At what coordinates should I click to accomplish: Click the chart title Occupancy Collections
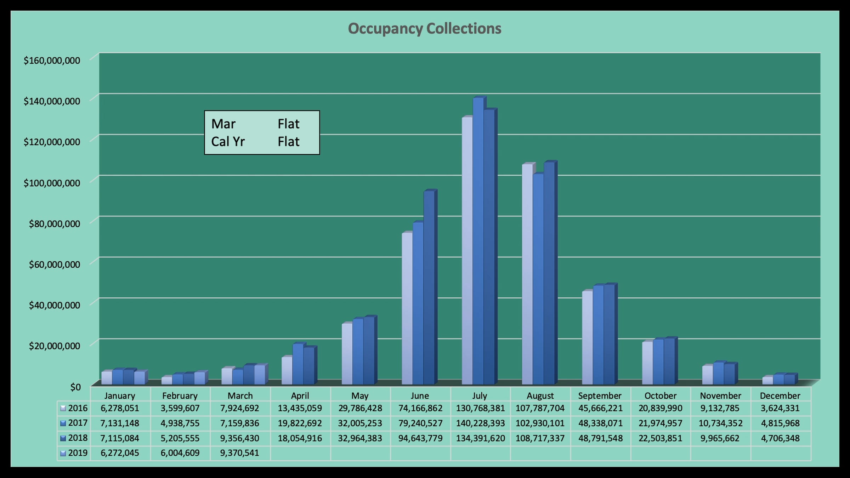424,29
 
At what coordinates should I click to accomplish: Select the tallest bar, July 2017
478,241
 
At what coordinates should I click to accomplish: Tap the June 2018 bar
429,287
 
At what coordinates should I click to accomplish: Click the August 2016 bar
527,274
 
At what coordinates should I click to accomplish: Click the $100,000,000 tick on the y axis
52,183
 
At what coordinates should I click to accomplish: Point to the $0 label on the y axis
75,387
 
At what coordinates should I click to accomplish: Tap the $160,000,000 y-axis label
52,61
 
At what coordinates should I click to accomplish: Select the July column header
480,396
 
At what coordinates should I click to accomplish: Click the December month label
780,396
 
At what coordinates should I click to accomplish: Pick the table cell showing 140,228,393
480,423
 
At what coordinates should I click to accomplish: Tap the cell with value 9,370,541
240,453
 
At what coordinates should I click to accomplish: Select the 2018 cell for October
660,438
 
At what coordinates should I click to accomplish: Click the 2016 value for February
180,408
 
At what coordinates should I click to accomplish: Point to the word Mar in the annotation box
223,124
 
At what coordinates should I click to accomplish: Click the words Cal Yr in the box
228,142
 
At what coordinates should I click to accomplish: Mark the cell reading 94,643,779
420,438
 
